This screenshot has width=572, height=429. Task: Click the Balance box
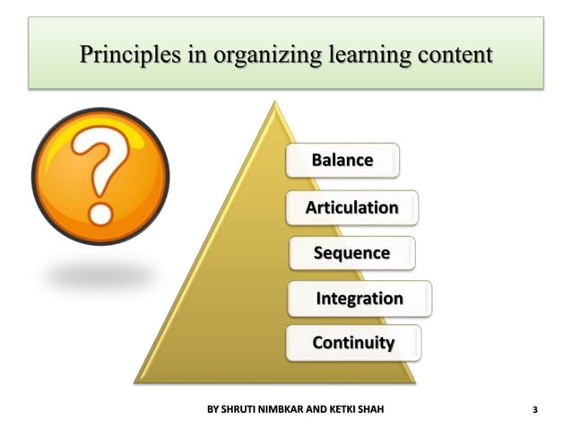point(342,161)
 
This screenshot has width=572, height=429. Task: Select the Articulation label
point(351,207)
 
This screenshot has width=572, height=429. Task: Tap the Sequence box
point(351,253)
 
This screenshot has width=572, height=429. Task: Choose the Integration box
point(359,298)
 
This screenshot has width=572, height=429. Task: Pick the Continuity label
point(352,343)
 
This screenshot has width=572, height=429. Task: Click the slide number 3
point(535,411)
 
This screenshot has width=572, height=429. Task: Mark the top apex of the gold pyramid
point(273,101)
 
